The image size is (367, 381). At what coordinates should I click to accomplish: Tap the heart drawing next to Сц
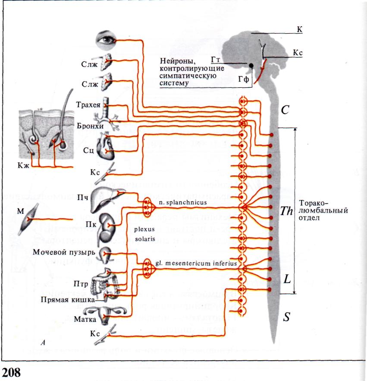(x=104, y=146)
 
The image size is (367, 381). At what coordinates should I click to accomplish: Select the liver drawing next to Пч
(x=105, y=190)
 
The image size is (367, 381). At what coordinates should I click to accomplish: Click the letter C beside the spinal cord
(x=285, y=110)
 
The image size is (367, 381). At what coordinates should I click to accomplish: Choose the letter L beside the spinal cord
(x=287, y=279)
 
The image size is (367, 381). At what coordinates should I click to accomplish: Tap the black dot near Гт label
(x=251, y=66)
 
